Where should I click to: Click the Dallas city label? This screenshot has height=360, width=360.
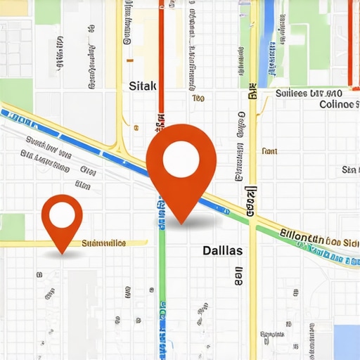tap(222, 250)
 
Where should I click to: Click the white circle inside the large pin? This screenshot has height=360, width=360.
tap(181, 160)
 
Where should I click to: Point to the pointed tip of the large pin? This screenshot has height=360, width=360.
tap(182, 224)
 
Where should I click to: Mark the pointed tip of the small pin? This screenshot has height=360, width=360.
tap(62, 253)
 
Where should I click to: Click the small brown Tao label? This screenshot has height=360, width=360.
tap(198, 98)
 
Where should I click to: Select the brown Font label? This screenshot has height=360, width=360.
tap(269, 151)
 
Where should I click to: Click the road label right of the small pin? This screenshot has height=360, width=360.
tap(104, 243)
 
